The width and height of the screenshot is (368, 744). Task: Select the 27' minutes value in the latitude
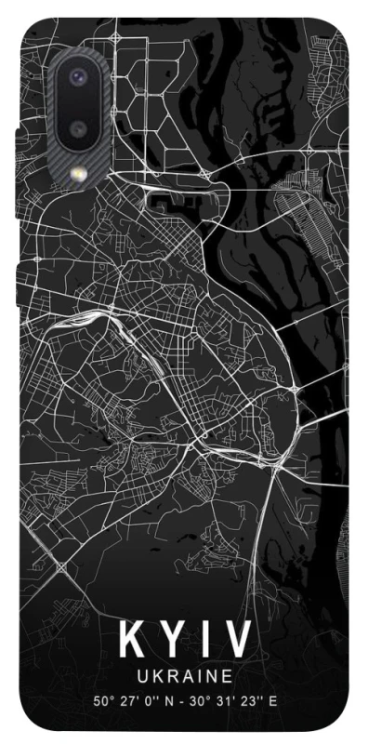[x=125, y=700]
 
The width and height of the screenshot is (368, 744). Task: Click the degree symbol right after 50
[x=110, y=697]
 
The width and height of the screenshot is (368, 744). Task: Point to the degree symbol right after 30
[x=204, y=697]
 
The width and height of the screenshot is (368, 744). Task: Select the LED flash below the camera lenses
[x=76, y=173]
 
